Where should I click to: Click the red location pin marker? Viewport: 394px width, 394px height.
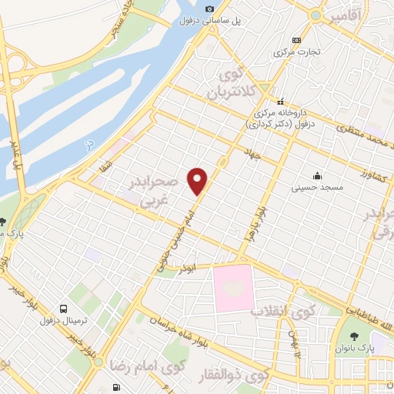pyautogui.click(x=199, y=181)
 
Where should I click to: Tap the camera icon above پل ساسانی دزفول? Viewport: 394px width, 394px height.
pyautogui.click(x=209, y=8)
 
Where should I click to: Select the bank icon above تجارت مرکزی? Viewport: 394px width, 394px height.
pyautogui.click(x=296, y=41)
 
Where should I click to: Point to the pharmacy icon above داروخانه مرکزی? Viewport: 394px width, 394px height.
pyautogui.click(x=280, y=100)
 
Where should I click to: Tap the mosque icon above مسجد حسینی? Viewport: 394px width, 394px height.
pyautogui.click(x=317, y=175)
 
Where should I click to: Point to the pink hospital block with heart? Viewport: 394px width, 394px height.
pyautogui.click(x=234, y=287)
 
